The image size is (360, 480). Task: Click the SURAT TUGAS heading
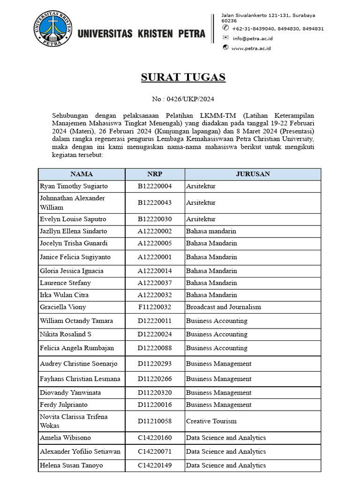tap(183, 77)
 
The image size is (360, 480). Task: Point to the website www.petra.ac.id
tap(251, 48)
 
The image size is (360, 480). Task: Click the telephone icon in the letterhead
tap(225, 28)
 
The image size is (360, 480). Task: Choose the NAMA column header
tap(82, 174)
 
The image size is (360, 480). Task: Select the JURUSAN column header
tap(253, 174)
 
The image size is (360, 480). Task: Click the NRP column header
tap(155, 174)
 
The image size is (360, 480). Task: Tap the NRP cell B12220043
tap(155, 202)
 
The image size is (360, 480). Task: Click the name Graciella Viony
tap(63, 307)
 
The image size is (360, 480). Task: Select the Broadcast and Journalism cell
tap(224, 307)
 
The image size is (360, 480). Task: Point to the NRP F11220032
tap(155, 307)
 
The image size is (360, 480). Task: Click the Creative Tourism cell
tap(211, 421)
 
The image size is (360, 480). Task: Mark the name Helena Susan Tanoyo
tap(71, 465)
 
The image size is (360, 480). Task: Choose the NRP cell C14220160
tap(155, 438)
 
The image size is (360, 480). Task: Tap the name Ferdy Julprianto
tap(64, 405)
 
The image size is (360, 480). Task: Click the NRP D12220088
tap(155, 348)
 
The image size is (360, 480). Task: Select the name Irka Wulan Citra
tap(64, 295)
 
